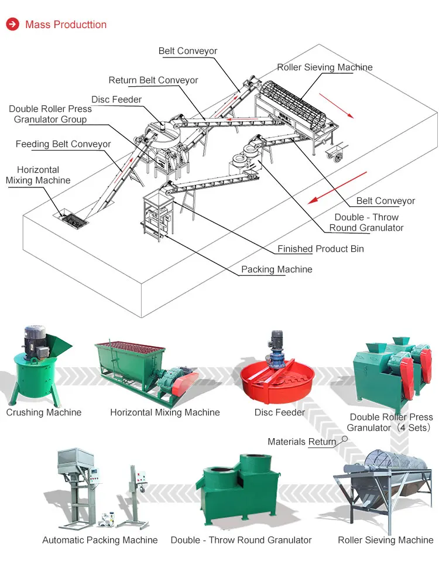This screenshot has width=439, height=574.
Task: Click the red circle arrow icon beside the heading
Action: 12,25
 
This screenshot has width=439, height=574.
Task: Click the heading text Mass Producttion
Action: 66,25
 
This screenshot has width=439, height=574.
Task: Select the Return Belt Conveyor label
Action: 153,80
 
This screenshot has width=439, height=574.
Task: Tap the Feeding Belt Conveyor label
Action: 63,144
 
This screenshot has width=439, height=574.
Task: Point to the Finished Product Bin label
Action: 320,249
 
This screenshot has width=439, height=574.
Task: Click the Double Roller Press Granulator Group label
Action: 50,114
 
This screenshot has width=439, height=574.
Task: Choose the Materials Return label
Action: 301,442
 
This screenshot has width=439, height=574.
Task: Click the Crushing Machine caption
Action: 44,412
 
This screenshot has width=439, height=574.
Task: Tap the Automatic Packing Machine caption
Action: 100,540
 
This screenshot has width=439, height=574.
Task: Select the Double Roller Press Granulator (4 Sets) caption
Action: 391,422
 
